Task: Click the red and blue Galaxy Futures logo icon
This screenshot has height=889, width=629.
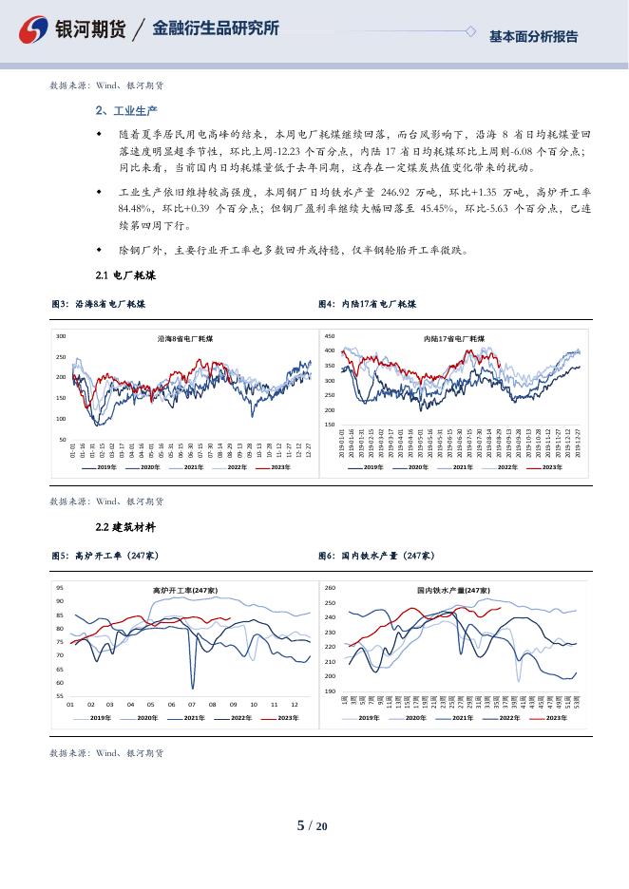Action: pos(34,29)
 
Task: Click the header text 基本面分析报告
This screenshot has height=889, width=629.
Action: pos(533,37)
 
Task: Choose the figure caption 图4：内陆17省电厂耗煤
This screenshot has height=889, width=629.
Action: pos(367,304)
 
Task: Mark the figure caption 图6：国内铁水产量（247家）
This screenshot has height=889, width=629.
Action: pos(375,555)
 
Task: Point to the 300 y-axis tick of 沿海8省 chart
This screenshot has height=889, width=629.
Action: pos(61,336)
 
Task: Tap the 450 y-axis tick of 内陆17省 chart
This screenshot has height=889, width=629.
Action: pos(329,336)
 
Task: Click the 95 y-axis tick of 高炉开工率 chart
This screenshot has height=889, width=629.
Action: pos(60,588)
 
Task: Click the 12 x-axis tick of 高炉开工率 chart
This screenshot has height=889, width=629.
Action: pos(294,704)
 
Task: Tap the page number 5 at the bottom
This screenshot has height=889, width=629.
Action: pos(301,825)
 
